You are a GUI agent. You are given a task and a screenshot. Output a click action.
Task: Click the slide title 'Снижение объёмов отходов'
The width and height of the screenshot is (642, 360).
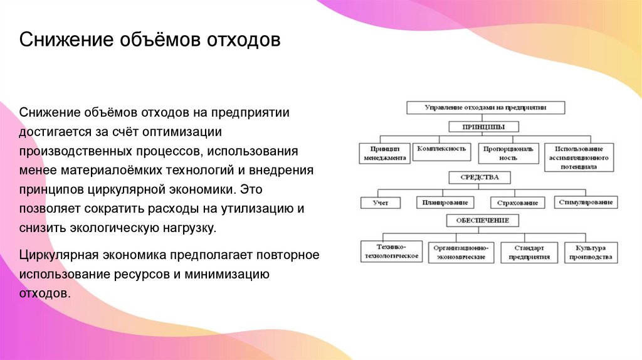click(x=150, y=41)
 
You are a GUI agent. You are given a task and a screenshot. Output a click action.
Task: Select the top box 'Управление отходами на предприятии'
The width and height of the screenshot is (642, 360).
click(x=485, y=107)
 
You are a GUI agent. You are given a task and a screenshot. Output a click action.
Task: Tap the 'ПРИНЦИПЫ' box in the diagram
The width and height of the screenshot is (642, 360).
click(x=483, y=127)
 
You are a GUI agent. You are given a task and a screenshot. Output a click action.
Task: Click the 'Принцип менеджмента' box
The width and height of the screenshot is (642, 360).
click(x=386, y=154)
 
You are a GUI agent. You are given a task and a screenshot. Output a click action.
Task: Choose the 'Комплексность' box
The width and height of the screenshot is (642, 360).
click(x=441, y=149)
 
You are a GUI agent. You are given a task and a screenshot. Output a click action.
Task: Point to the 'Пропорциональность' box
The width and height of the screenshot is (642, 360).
click(x=508, y=154)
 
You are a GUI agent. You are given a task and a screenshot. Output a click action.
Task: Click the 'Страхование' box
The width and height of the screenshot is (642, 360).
click(x=517, y=203)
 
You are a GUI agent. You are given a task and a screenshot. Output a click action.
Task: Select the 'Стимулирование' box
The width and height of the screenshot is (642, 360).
click(x=586, y=203)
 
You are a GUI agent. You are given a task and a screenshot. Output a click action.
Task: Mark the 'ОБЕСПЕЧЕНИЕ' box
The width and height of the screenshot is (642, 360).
click(x=483, y=221)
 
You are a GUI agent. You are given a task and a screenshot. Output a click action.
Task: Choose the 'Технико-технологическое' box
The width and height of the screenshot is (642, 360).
click(x=392, y=252)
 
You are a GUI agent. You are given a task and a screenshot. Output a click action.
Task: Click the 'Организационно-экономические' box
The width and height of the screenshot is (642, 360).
click(x=461, y=252)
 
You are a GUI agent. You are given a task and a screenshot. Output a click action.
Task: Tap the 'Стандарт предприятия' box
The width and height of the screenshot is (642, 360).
click(x=529, y=252)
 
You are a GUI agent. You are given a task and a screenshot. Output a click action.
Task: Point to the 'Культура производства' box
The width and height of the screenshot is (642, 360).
click(x=591, y=252)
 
